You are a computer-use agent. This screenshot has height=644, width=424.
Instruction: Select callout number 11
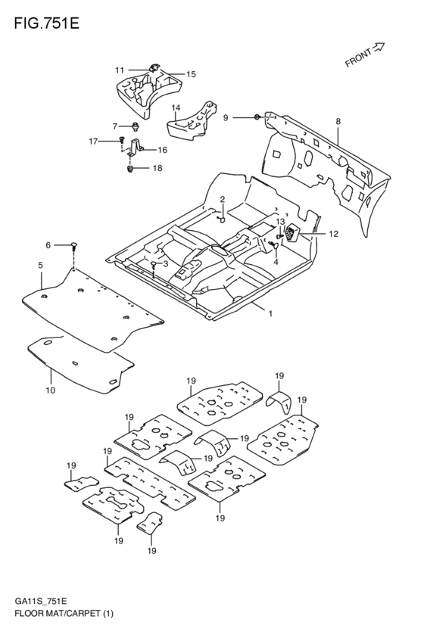120,70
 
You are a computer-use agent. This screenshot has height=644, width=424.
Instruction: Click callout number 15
191,74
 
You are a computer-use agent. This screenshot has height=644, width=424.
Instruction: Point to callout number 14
175,108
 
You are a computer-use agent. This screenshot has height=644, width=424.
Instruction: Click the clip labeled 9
258,117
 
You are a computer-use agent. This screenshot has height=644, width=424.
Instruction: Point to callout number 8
338,121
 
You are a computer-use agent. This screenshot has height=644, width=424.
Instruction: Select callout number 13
279,222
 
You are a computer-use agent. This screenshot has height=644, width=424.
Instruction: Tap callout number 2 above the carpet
223,199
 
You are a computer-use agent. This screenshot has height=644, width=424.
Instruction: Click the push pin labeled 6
73,245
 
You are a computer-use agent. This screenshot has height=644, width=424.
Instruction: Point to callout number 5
40,265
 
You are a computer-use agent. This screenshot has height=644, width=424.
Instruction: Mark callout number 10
50,390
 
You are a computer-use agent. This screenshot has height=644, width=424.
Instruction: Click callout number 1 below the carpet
269,313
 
